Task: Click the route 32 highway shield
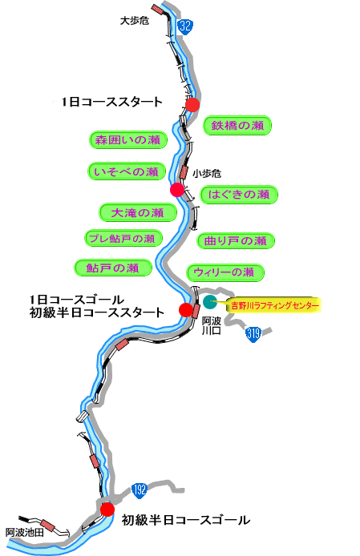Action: click(185, 26)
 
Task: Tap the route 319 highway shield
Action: click(253, 334)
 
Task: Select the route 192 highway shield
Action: click(140, 490)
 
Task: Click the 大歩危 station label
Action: click(135, 21)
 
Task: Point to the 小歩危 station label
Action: click(207, 173)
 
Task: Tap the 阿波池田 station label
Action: click(25, 532)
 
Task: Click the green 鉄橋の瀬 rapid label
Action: click(237, 126)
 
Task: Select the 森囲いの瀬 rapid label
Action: click(127, 139)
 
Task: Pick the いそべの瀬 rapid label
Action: click(127, 171)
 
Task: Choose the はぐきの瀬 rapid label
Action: click(239, 195)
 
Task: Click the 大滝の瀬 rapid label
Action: click(137, 212)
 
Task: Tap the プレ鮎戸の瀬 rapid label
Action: click(123, 238)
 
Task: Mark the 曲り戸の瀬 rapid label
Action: click(236, 241)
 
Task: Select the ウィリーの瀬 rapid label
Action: click(225, 272)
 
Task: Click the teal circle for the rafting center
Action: click(210, 302)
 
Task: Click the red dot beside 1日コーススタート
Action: click(192, 105)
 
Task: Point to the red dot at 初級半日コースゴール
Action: click(107, 510)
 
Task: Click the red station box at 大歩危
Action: click(156, 9)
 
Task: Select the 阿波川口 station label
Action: click(211, 326)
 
